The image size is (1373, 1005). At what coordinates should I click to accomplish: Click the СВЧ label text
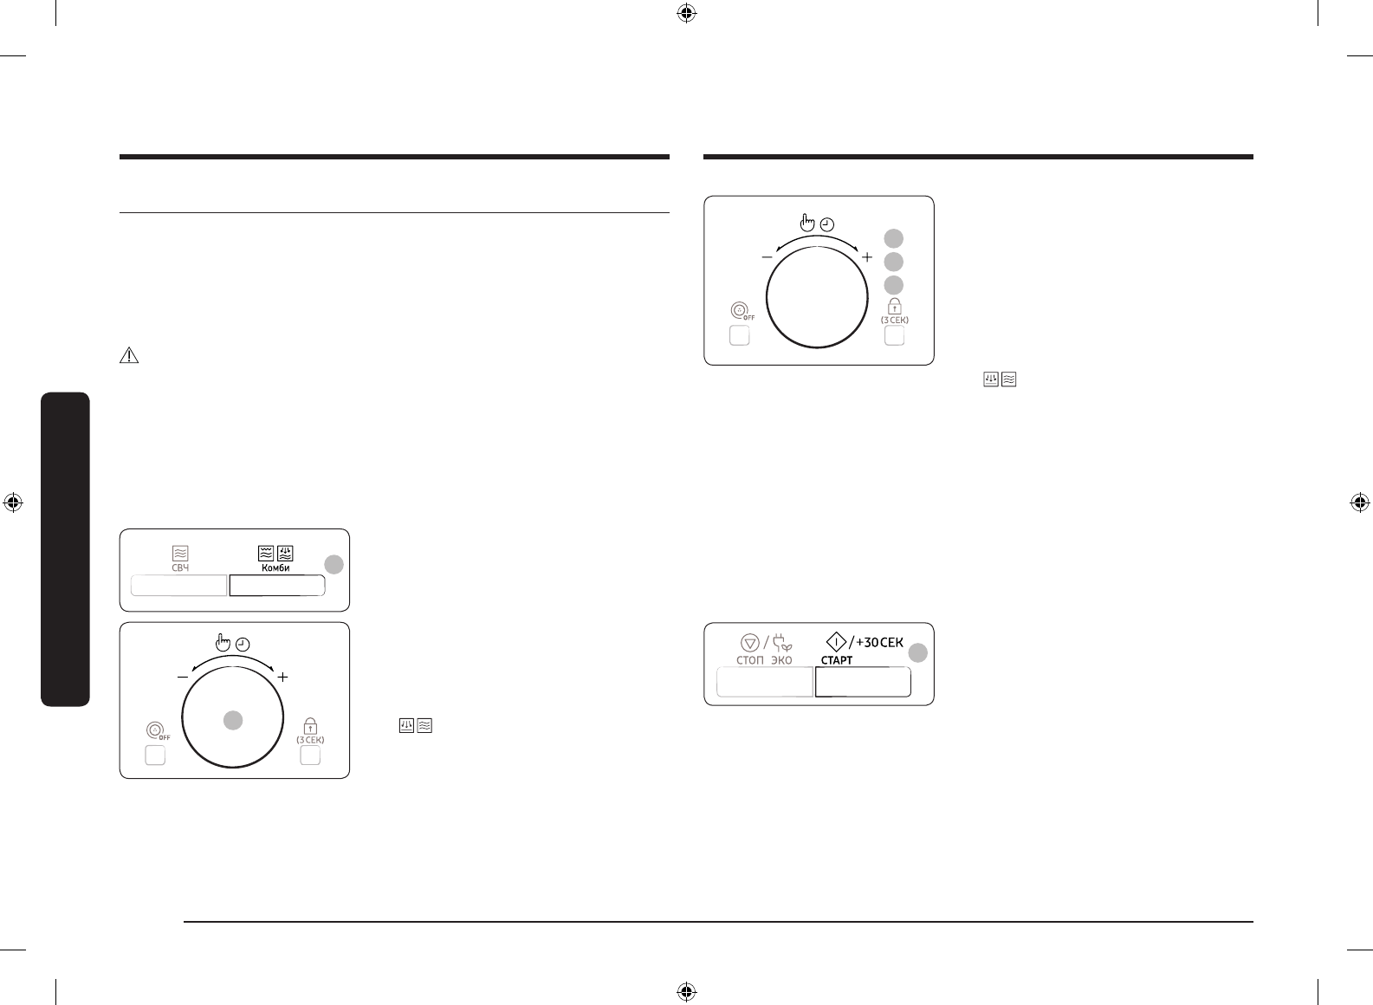coord(180,567)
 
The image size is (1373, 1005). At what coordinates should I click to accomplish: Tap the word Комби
coord(276,567)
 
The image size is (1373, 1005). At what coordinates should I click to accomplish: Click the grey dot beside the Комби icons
coord(334,565)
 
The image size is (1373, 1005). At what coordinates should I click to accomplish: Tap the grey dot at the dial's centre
coord(232,718)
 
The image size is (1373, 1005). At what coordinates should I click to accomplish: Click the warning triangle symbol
coord(128,355)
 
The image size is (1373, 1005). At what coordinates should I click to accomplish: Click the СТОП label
coord(750,660)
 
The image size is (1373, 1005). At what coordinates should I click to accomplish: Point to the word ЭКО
coord(781,660)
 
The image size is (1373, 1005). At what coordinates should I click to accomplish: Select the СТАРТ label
coord(837,660)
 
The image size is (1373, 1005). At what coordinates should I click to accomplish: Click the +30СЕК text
coord(878,642)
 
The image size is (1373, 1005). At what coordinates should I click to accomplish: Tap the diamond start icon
coord(835,642)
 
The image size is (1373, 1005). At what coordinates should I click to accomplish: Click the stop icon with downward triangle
coord(750,642)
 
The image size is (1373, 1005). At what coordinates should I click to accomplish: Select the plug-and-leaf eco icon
coord(781,642)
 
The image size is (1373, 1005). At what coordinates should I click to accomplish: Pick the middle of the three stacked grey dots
coord(894,262)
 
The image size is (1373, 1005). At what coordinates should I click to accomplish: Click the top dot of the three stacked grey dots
coord(894,238)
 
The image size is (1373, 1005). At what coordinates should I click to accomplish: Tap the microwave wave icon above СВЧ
coord(180,553)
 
